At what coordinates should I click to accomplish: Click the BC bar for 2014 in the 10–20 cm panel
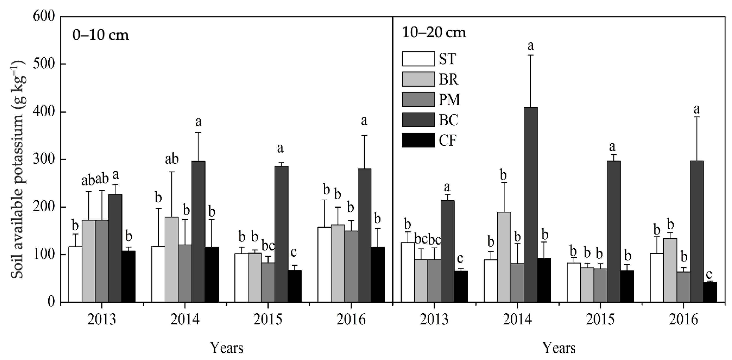(530, 205)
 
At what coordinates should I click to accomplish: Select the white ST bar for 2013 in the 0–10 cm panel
(75, 274)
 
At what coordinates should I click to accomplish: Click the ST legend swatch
(418, 59)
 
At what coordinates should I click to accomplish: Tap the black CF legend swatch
(418, 140)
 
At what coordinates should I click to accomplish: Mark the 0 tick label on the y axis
(51, 302)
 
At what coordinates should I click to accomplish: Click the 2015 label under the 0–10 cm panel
(268, 320)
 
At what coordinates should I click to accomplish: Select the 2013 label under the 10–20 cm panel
(434, 320)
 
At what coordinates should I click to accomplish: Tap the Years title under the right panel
(559, 348)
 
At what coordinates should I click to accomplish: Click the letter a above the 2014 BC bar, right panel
(530, 46)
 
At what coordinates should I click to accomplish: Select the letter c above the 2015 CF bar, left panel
(294, 252)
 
